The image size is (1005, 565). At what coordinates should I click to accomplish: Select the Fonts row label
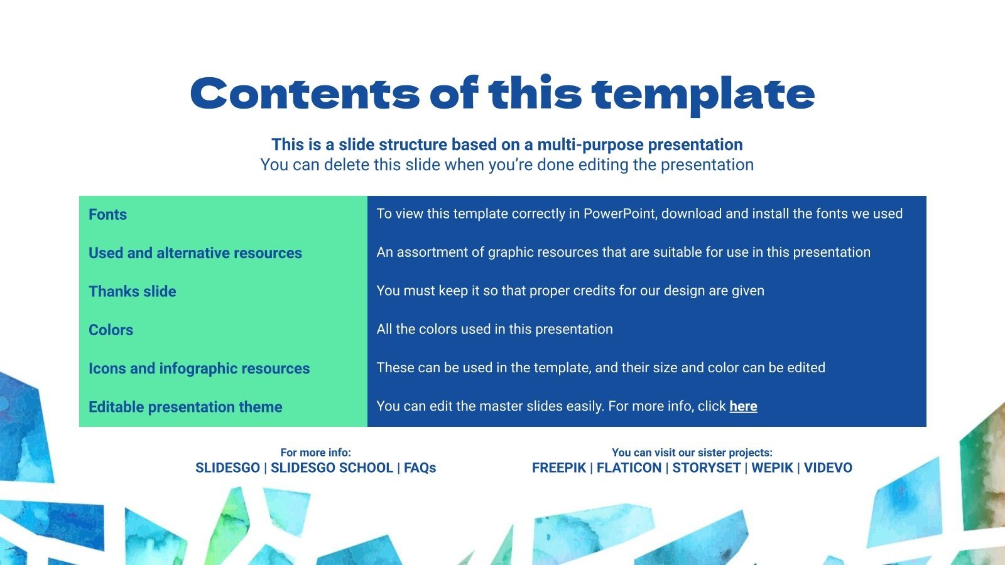[x=107, y=215]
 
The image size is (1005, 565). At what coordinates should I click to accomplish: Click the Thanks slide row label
[x=132, y=291]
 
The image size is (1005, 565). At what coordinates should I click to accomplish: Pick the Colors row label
[x=111, y=330]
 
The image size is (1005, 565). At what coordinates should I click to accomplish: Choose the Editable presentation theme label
[x=185, y=407]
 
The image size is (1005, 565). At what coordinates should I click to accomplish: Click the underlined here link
[x=743, y=406]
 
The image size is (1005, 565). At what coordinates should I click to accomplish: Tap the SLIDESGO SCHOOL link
[x=332, y=468]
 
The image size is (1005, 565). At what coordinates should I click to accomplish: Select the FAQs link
[x=420, y=468]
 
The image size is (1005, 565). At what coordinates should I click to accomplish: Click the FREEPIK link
[x=558, y=468]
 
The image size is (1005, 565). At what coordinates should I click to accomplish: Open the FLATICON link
[x=629, y=468]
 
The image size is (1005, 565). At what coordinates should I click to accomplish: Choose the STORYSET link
[x=706, y=468]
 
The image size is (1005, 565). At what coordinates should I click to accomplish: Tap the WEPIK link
[x=772, y=468]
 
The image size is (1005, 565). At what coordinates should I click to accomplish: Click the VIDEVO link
[x=828, y=468]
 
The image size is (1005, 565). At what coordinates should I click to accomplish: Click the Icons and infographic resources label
[x=199, y=369]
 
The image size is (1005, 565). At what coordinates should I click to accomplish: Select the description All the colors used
[x=494, y=330]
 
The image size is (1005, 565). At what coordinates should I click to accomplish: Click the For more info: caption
[x=315, y=453]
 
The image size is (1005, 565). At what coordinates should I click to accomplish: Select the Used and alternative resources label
[x=195, y=253]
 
